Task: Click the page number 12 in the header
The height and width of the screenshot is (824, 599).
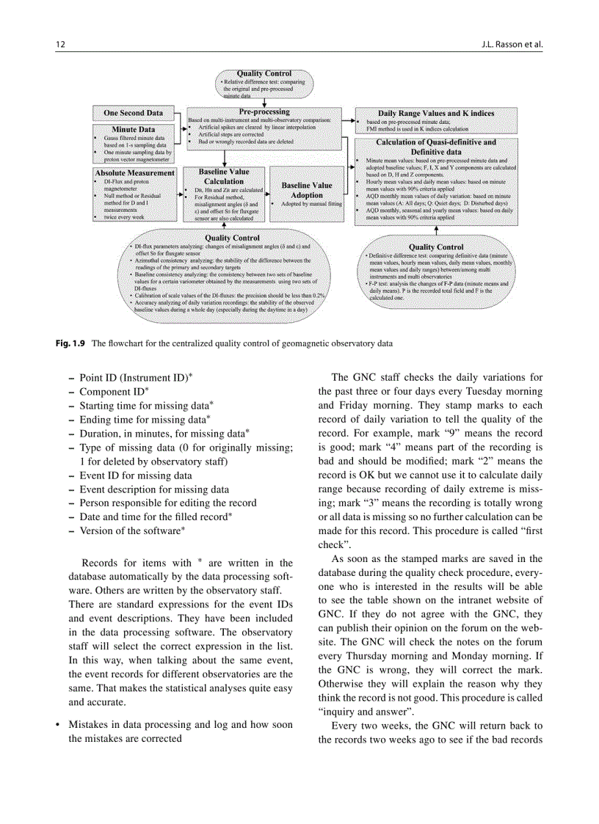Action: pyautogui.click(x=61, y=43)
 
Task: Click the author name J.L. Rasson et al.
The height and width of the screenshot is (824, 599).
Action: pyautogui.click(x=513, y=43)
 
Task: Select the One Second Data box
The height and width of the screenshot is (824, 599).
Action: pyautogui.click(x=133, y=113)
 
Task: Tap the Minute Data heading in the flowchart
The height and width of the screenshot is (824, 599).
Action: pyautogui.click(x=133, y=130)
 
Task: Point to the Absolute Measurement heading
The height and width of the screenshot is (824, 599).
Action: pyautogui.click(x=134, y=173)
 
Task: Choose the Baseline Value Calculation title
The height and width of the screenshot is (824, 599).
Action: pyautogui.click(x=224, y=176)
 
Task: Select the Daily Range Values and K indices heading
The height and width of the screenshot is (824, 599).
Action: pyautogui.click(x=436, y=113)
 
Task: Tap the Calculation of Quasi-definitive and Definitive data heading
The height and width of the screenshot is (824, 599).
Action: pyautogui.click(x=436, y=146)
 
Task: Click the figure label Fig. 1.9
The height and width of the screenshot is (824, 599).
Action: pyautogui.click(x=71, y=343)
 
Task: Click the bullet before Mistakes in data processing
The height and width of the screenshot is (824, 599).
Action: pyautogui.click(x=58, y=725)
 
